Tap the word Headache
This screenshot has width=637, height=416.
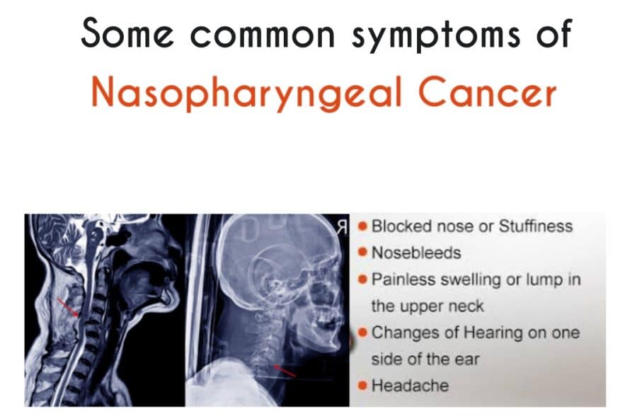(410, 386)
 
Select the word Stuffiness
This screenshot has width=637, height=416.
(535, 227)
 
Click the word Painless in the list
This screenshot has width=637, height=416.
(402, 279)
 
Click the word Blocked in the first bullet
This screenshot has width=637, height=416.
(401, 227)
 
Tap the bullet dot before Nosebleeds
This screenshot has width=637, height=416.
(363, 253)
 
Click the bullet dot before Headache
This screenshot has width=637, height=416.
(363, 386)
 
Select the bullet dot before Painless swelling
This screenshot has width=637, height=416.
(363, 279)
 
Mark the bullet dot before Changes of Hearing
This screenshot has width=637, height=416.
(363, 332)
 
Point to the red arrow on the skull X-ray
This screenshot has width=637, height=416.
(285, 370)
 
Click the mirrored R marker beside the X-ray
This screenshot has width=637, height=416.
(343, 226)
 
